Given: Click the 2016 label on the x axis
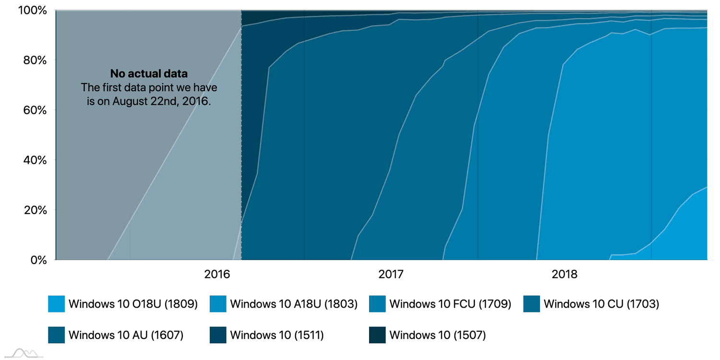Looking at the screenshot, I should tap(217, 275).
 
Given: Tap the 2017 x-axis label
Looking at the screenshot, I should tap(391, 275).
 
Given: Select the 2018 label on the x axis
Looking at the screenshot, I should tap(564, 275).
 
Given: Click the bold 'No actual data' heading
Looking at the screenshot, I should tap(149, 74).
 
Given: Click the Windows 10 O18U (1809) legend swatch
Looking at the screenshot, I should tap(57, 304).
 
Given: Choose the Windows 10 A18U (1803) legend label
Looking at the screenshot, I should tap(293, 304).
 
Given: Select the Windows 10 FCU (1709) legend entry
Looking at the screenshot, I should tap(450, 304).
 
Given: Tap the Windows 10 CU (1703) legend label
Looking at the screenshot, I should tap(601, 304).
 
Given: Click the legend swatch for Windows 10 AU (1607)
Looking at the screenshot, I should tap(57, 335).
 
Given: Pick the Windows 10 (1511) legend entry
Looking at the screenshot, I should tap(276, 335).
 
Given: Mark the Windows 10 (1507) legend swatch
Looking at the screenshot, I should tap(377, 335).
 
